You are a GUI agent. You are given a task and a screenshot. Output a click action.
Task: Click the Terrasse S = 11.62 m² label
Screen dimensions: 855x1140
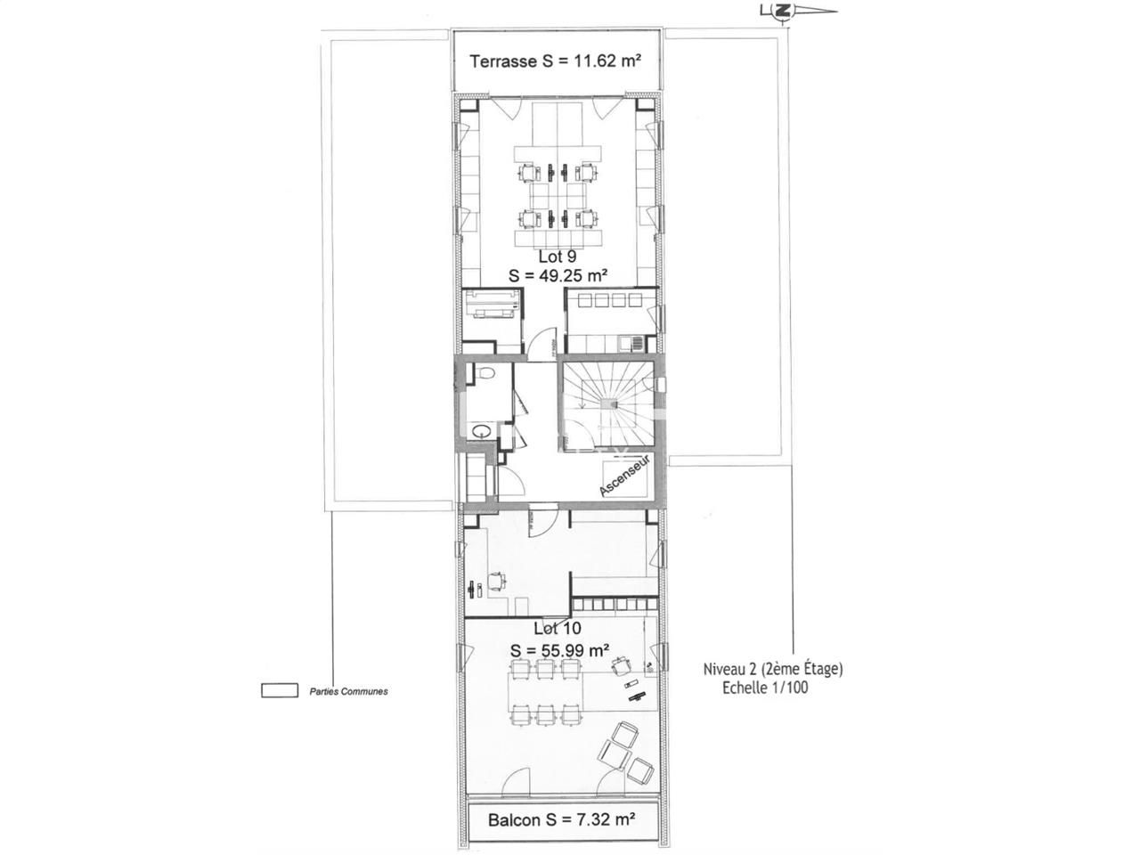[x=556, y=61]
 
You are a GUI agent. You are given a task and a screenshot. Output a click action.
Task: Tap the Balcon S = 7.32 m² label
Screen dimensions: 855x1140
[x=561, y=819]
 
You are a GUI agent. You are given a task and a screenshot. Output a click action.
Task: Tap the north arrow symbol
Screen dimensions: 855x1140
[x=783, y=12]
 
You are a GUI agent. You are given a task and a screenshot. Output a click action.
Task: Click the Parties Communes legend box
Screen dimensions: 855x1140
[x=279, y=690]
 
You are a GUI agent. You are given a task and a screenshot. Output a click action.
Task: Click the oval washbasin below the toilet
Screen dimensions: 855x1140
[x=482, y=429]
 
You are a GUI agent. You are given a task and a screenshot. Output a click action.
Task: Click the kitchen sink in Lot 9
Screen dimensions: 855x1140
[x=633, y=341]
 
